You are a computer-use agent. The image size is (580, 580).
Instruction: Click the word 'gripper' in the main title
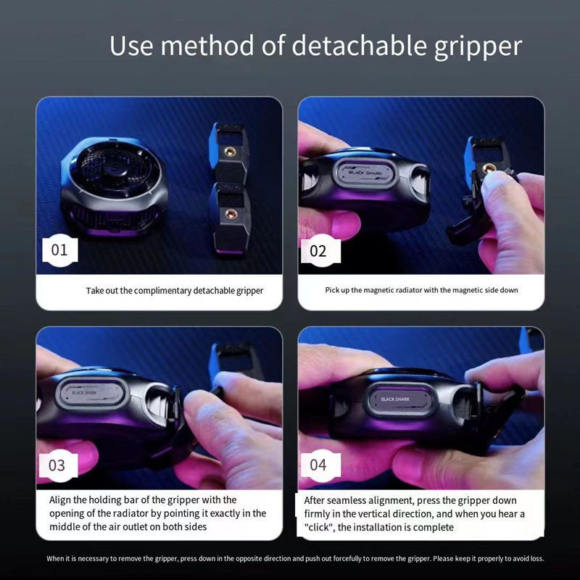tap(478, 46)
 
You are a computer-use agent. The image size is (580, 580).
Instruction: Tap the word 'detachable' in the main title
tap(359, 45)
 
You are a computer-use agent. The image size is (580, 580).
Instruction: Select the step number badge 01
tap(60, 250)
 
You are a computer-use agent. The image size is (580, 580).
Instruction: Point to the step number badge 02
tap(320, 251)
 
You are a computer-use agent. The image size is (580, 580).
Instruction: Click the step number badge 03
tap(59, 465)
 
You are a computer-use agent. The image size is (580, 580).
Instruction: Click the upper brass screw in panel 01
tap(230, 151)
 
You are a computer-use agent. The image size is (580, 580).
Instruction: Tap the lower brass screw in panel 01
tap(230, 214)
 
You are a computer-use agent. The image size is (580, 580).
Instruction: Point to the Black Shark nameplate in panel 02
tap(365, 173)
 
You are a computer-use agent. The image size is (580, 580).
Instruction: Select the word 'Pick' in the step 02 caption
tap(331, 290)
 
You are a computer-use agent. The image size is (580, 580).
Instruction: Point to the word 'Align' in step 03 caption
tap(60, 500)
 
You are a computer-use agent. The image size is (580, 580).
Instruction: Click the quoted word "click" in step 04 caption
tap(318, 527)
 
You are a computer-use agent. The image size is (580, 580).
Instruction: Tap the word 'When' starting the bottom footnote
tap(56, 558)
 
